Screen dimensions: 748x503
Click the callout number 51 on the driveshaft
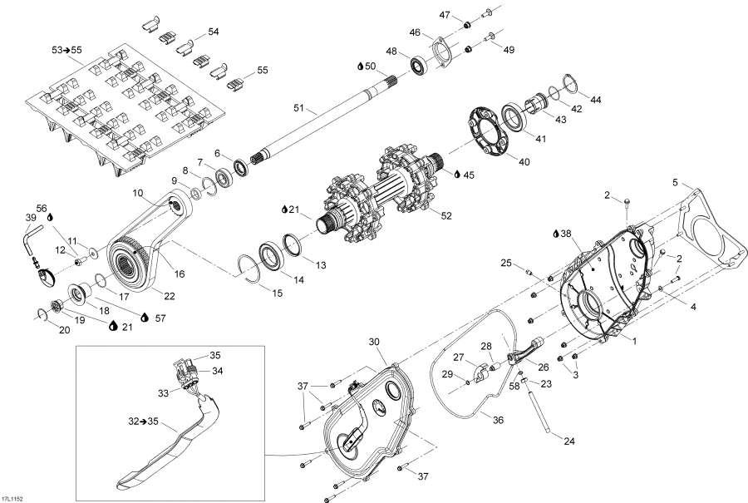[x=299, y=107]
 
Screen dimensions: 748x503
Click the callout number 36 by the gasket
[x=498, y=421]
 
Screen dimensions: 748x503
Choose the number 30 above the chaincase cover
[x=373, y=342]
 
